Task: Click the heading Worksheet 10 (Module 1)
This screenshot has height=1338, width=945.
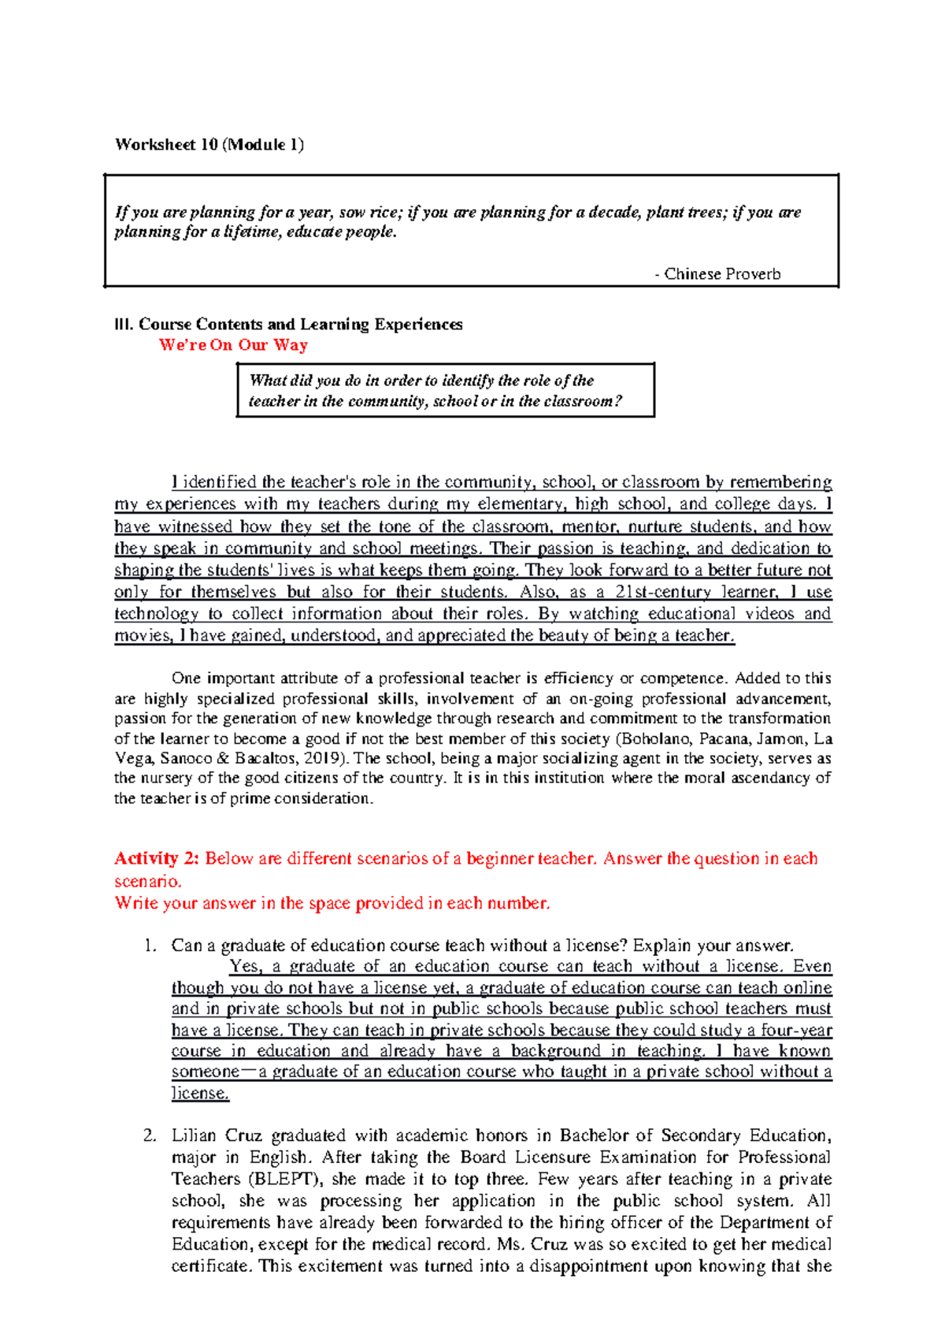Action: [209, 144]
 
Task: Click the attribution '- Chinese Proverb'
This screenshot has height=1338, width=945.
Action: [717, 274]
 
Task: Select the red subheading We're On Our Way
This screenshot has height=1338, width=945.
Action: [233, 345]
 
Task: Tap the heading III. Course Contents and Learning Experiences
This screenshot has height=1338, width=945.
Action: [288, 325]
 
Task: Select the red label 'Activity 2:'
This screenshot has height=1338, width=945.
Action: [157, 859]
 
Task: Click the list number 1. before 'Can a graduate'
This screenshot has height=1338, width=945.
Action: [151, 946]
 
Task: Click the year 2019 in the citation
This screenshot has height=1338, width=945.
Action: [329, 759]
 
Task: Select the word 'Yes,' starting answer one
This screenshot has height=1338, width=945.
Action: [246, 967]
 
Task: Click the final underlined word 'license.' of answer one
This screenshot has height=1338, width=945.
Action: [200, 1094]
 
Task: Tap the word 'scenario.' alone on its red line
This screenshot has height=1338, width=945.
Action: [148, 881]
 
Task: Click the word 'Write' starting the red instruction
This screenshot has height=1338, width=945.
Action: [136, 903]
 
